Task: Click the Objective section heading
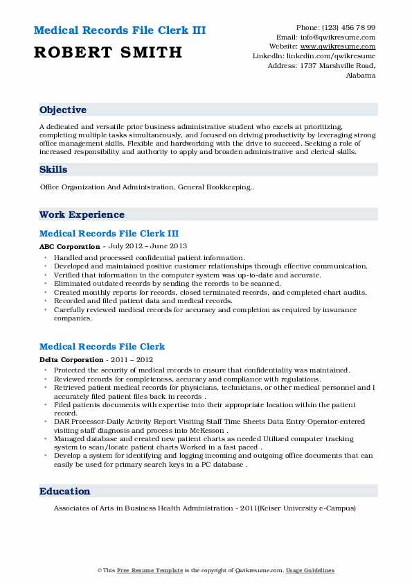[x=63, y=110]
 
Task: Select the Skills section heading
[x=53, y=169]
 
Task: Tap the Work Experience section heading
[x=82, y=214]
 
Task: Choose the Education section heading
[x=65, y=491]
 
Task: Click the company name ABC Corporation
[x=69, y=246]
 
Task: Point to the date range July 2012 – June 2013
[x=147, y=246]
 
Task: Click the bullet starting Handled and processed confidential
[x=149, y=257]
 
